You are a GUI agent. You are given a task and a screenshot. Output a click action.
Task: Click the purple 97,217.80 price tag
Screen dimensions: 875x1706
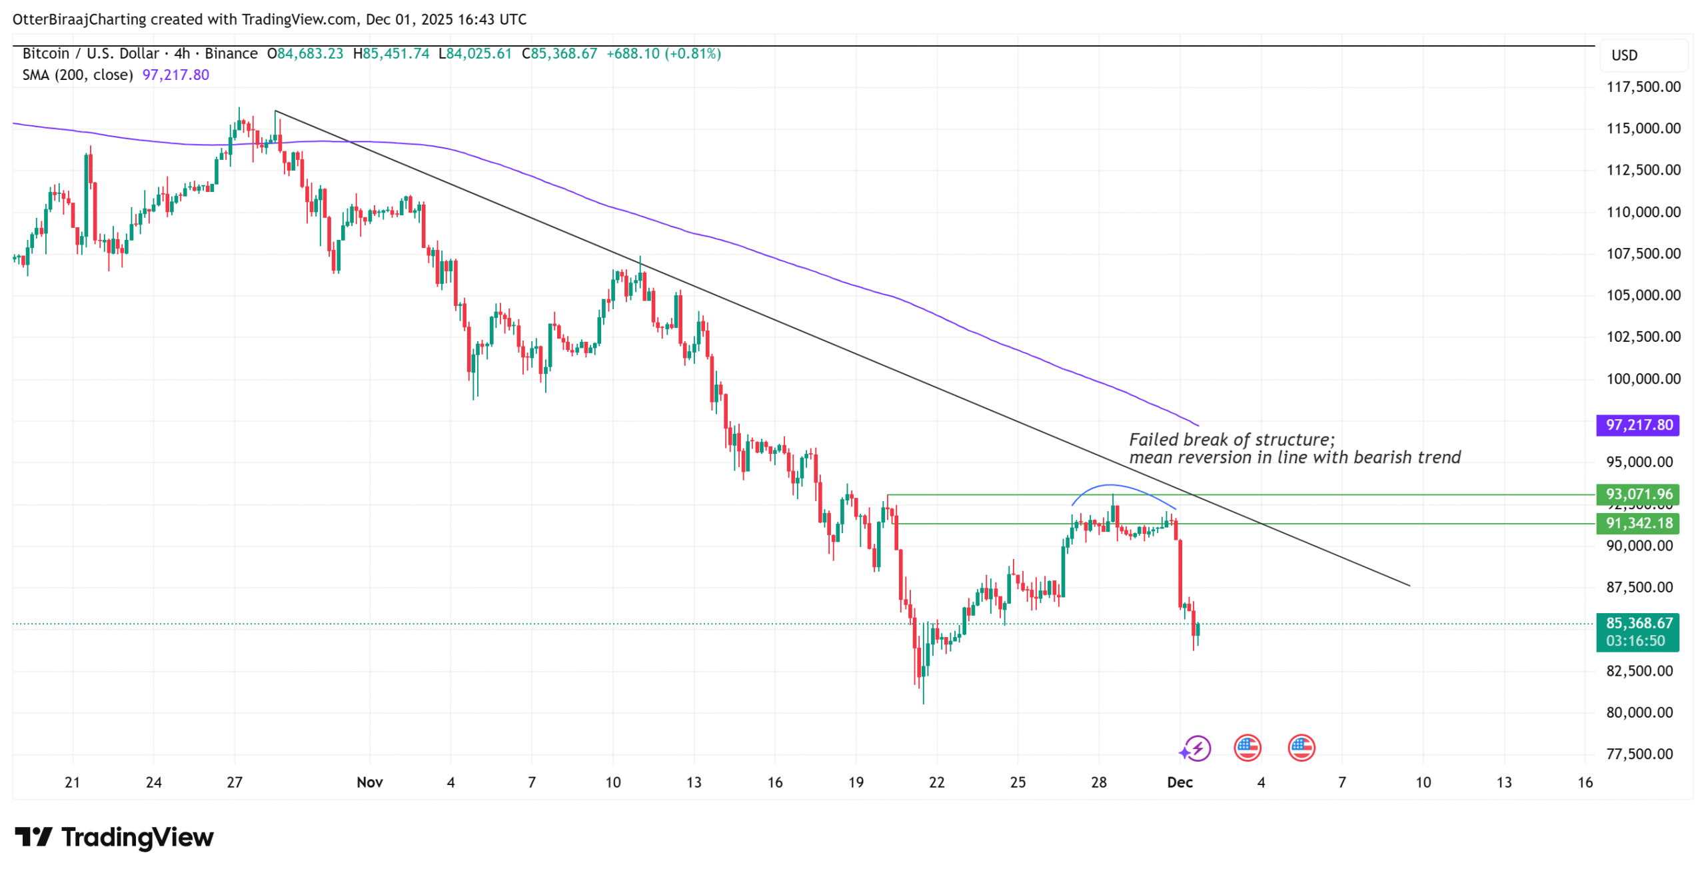tap(1637, 425)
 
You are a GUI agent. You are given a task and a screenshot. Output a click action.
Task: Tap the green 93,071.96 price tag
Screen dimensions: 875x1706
tap(1637, 494)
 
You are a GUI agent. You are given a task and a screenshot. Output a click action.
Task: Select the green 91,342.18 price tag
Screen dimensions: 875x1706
tap(1637, 523)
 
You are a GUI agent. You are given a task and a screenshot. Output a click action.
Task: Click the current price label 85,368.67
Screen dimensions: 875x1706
tap(1637, 623)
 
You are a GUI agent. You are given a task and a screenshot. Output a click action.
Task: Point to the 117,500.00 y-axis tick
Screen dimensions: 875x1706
tap(1643, 87)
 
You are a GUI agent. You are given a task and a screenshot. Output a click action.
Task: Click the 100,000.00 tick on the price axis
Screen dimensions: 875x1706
tap(1643, 379)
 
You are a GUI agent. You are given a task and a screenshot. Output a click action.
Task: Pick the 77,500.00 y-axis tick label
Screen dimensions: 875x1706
tap(1643, 754)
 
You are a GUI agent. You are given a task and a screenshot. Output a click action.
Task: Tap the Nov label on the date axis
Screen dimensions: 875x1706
tap(369, 782)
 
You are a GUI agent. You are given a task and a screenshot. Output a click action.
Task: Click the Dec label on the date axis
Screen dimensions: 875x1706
tap(1179, 782)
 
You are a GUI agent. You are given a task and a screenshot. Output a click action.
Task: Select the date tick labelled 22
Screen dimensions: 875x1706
tap(936, 782)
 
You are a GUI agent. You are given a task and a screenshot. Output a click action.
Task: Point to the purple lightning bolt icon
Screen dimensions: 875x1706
tap(1198, 748)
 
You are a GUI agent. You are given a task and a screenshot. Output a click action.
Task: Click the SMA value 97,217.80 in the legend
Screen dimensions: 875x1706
tap(175, 75)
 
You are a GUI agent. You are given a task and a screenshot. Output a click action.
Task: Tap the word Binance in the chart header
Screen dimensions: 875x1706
tap(231, 53)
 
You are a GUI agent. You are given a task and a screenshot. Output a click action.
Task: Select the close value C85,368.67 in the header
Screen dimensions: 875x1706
tap(559, 53)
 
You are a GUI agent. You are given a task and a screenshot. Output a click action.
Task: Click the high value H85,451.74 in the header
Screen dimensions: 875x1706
tap(391, 53)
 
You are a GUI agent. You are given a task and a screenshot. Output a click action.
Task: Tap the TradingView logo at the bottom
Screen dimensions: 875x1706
tap(114, 837)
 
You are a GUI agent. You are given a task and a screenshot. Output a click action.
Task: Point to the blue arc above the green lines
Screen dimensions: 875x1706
tap(1110, 485)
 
